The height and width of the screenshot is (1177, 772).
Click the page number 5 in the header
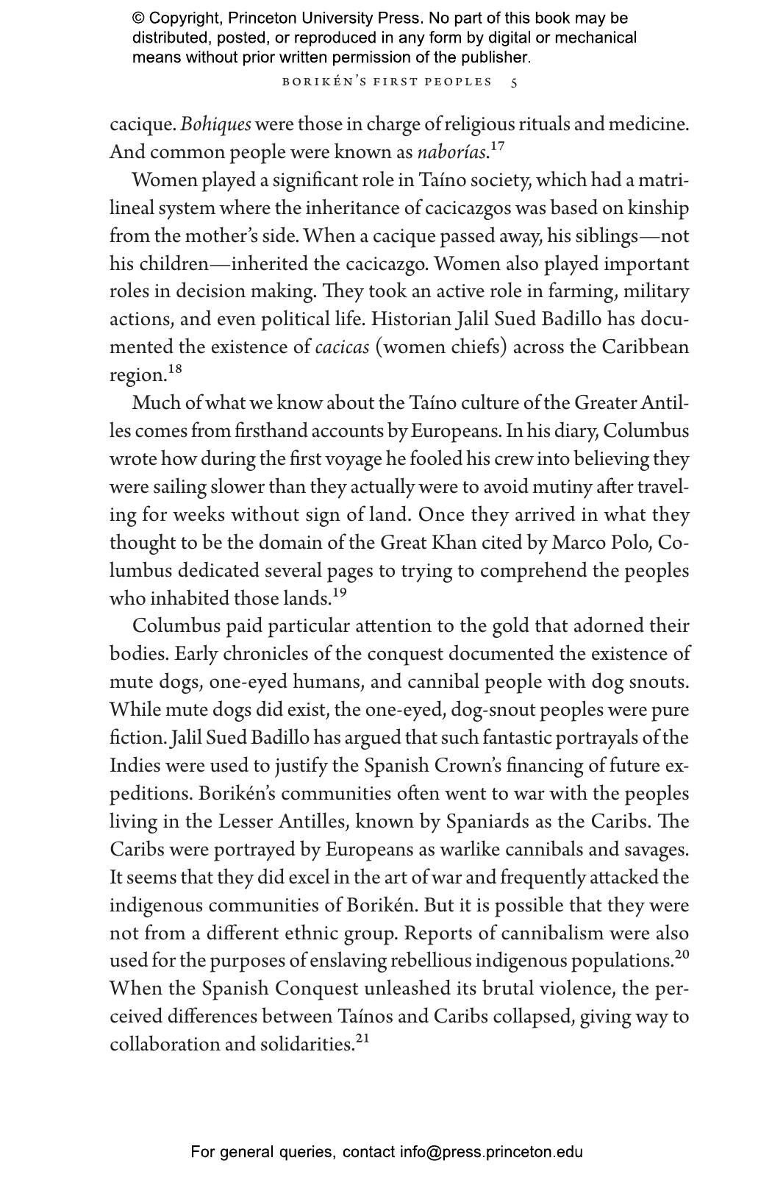(514, 82)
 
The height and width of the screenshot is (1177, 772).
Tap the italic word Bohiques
(215, 124)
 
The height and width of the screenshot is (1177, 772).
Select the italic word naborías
(451, 153)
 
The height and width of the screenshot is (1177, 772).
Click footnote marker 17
(497, 146)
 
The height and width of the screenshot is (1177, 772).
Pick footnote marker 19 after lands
(339, 592)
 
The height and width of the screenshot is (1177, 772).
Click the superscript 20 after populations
(682, 955)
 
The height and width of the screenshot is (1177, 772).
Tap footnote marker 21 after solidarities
(362, 1039)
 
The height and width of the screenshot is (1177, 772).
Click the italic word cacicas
(342, 347)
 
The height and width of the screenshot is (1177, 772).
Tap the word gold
(511, 626)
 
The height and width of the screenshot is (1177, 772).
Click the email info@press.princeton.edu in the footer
(491, 1152)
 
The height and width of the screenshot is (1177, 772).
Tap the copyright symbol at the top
(138, 18)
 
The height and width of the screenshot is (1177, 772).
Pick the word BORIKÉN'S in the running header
(322, 82)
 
